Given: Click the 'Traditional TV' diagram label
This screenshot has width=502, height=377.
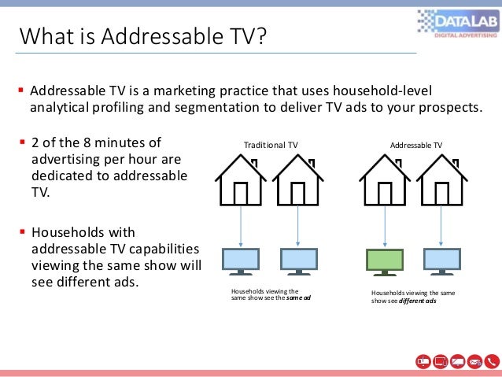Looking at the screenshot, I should click(271, 145).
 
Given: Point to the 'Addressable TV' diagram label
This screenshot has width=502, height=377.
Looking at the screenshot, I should click(416, 145).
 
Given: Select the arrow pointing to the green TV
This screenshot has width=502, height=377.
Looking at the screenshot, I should click(385, 225).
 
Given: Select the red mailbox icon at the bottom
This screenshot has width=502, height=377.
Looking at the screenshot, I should click(423, 361).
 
